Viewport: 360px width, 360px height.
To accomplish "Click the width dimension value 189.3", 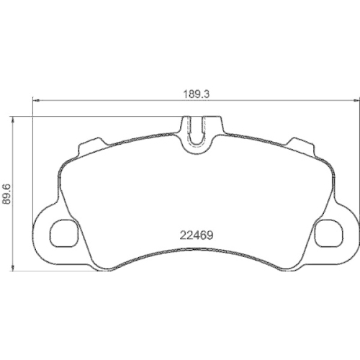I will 194,93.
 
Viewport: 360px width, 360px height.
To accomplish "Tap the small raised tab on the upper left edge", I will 91,143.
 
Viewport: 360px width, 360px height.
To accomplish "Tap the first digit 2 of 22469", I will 182,234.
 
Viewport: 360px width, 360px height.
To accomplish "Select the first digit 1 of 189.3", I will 183,93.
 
